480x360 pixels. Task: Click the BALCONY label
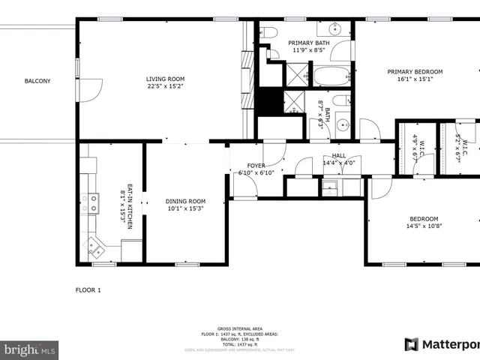(x=37, y=81)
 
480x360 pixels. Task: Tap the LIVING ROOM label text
(x=165, y=78)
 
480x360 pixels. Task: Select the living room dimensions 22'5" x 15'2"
(x=165, y=85)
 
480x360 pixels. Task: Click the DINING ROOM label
(x=185, y=201)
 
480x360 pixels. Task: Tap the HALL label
(x=338, y=155)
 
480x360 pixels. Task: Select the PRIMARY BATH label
(x=309, y=43)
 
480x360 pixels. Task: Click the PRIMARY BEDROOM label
(x=415, y=72)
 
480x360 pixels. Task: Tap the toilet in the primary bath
(x=269, y=32)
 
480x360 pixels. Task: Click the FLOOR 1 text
(x=88, y=289)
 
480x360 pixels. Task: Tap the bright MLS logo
(x=30, y=349)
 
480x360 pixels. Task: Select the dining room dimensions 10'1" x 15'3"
(x=185, y=208)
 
